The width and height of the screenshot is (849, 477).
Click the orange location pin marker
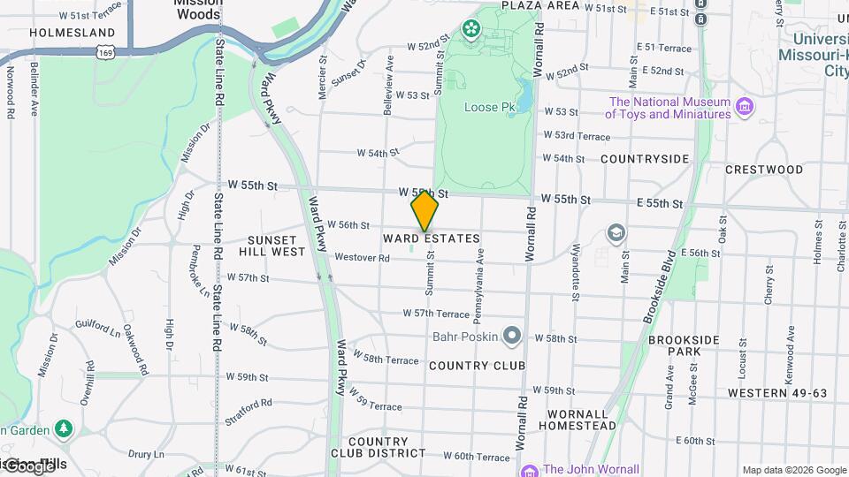pyautogui.click(x=424, y=211)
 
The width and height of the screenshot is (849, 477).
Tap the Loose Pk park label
pyautogui.click(x=489, y=108)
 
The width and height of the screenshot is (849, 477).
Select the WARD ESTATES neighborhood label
pyautogui.click(x=432, y=238)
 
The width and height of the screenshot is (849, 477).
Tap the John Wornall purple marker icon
pyautogui.click(x=530, y=470)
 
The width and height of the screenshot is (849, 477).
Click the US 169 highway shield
pyautogui.click(x=105, y=53)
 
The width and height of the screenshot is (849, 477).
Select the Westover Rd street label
pyautogui.click(x=363, y=258)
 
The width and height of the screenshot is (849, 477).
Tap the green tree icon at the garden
pyautogui.click(x=63, y=429)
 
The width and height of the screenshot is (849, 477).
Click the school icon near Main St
pyautogui.click(x=616, y=233)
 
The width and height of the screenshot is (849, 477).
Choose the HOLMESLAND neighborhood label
pyautogui.click(x=60, y=32)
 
